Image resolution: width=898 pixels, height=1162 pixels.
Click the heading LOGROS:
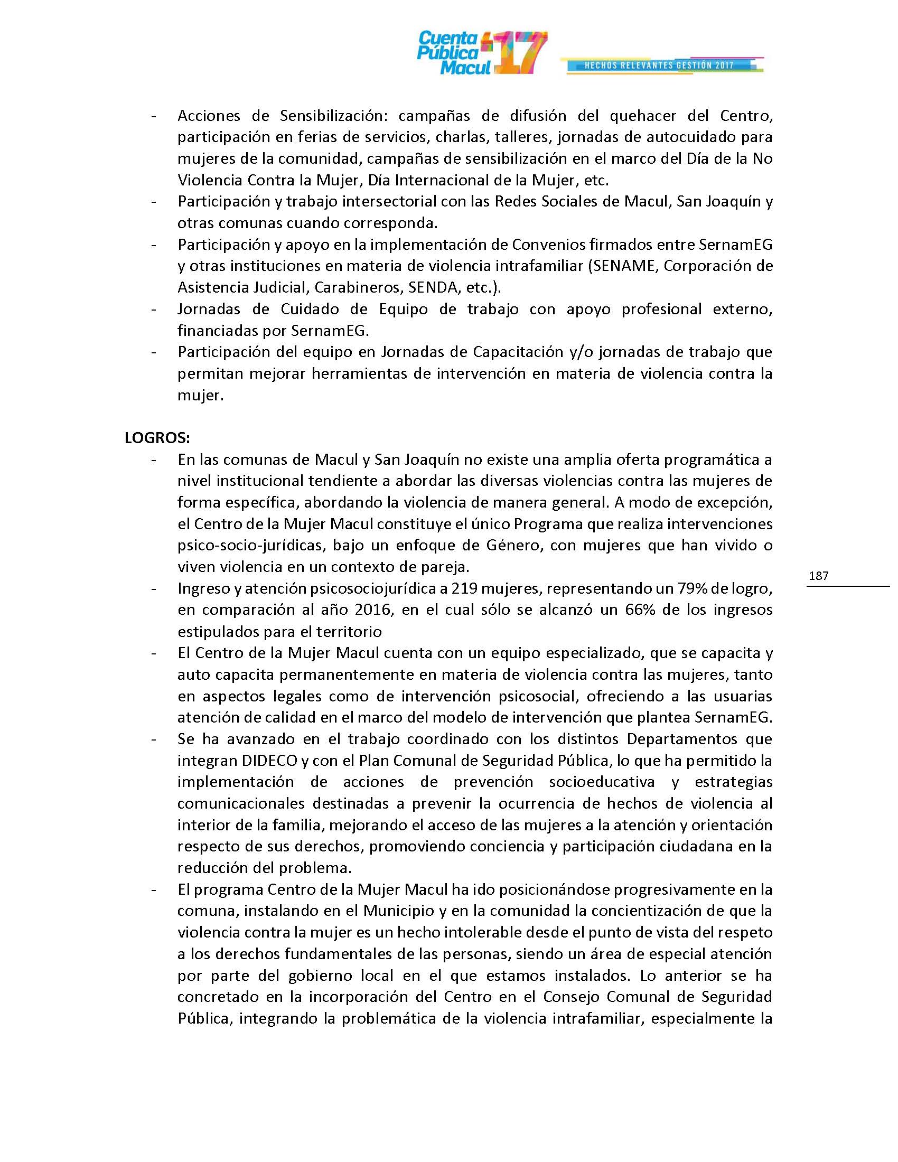(x=157, y=437)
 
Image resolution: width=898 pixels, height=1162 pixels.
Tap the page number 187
(x=818, y=575)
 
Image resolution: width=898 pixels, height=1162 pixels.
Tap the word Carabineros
(x=358, y=287)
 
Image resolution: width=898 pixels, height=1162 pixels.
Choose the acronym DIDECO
(x=269, y=760)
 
